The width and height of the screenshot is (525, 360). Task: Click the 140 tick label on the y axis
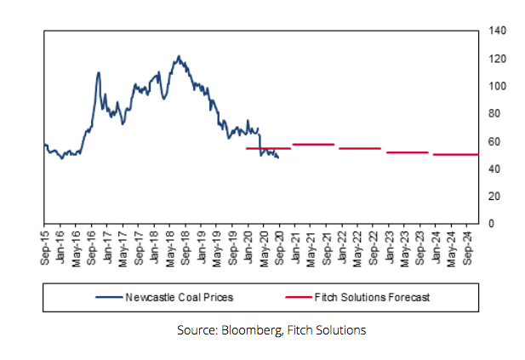[498, 31]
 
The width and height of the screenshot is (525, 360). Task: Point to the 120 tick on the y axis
[498, 59]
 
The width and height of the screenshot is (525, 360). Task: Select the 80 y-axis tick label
[495, 114]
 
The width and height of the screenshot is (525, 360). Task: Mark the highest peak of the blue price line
[178, 56]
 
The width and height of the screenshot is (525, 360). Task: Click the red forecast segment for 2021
[313, 144]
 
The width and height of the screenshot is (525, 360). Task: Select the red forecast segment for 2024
[456, 154]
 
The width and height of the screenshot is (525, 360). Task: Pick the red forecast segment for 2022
[360, 148]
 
